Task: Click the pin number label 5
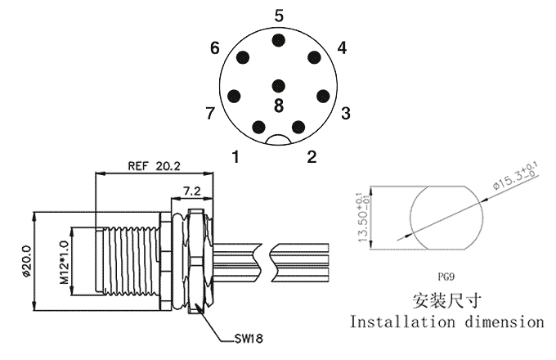pos(279,16)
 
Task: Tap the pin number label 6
pos(215,48)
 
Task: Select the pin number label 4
pos(342,48)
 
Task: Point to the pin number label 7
pos(211,112)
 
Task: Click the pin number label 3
pos(346,112)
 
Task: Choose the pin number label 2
pos(312,155)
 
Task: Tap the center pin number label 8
pos(279,106)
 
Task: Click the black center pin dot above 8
pos(279,85)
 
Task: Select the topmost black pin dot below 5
pos(279,40)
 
